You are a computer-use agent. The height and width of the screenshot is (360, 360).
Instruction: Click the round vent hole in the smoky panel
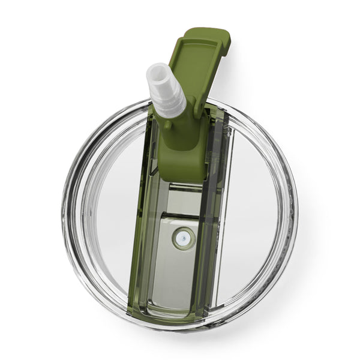183,238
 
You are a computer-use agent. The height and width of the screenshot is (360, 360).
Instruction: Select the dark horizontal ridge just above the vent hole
180,214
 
